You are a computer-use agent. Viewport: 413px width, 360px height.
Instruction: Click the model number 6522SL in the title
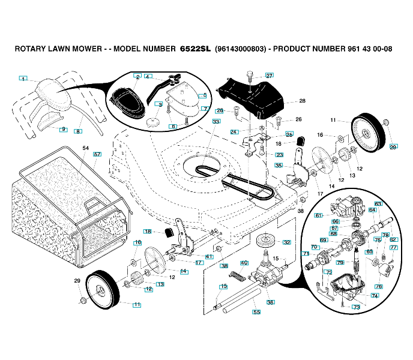pos(194,48)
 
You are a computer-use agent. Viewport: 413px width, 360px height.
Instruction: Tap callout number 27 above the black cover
pos(269,76)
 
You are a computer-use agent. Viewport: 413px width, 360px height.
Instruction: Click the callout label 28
pos(302,101)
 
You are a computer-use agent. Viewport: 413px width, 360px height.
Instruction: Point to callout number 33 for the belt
pos(216,121)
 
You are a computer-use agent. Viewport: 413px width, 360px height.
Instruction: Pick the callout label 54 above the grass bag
pos(85,148)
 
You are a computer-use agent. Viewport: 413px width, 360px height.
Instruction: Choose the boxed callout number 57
pos(97,154)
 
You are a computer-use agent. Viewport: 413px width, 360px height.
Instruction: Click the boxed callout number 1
pos(23,79)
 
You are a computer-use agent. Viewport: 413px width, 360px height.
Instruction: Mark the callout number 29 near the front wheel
pos(77,280)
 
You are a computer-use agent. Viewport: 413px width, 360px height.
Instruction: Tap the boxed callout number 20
pos(393,146)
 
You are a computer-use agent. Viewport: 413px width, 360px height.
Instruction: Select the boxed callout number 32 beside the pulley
pos(287,242)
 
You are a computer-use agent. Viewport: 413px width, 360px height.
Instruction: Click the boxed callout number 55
pos(256,312)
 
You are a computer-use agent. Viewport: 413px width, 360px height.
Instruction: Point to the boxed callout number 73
pos(356,307)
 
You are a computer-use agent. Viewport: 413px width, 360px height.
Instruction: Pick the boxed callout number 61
pos(319,215)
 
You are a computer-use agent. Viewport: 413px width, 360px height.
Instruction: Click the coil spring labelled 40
pos(238,277)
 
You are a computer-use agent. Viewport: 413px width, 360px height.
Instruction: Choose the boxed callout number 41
pos(209,256)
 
